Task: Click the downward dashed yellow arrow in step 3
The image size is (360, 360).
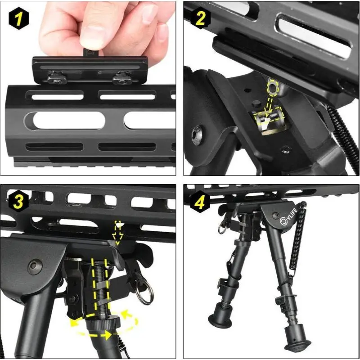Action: coord(118,231)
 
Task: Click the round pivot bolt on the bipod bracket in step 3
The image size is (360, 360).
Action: coord(34,266)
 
